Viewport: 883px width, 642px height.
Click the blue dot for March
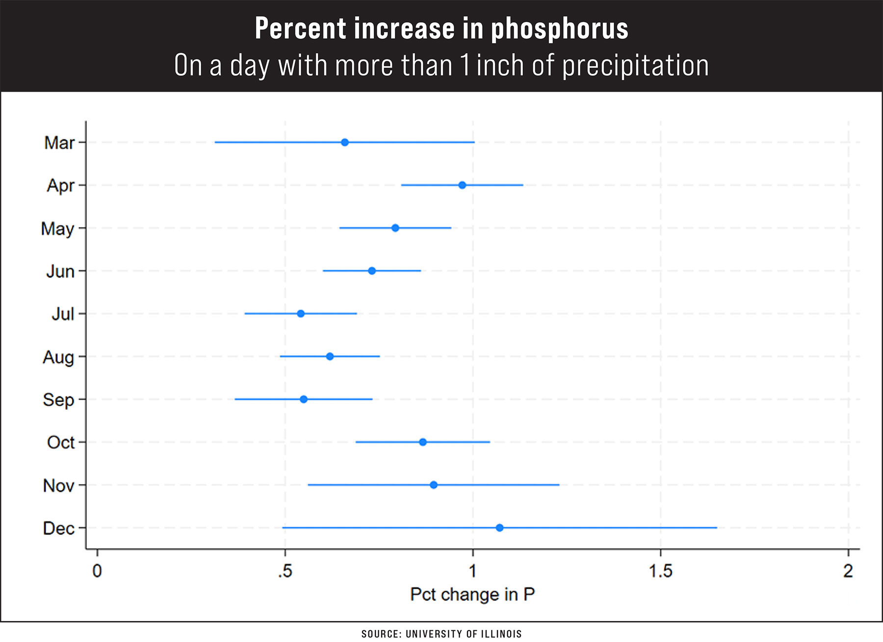[345, 143]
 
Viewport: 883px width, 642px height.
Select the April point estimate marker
[462, 185]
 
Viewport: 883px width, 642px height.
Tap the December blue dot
[499, 528]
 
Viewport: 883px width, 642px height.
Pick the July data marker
[301, 314]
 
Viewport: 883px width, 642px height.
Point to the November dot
[434, 485]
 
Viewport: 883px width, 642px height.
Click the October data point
[423, 442]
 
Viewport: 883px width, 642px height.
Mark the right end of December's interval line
[716, 528]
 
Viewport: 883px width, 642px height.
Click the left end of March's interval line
[215, 143]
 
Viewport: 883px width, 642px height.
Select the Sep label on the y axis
[58, 400]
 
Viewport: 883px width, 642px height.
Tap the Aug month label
[58, 357]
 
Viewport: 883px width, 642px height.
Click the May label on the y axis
[57, 229]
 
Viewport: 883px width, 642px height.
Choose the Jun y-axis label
[60, 272]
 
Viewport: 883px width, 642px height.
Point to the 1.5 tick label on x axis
[660, 571]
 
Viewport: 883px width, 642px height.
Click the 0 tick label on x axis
[97, 571]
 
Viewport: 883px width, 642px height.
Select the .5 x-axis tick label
[285, 571]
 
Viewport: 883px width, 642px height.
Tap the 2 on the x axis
[848, 571]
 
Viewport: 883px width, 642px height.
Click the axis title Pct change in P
[472, 594]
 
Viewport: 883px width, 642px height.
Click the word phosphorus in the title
[559, 28]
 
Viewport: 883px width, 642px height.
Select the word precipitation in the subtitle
[635, 66]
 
